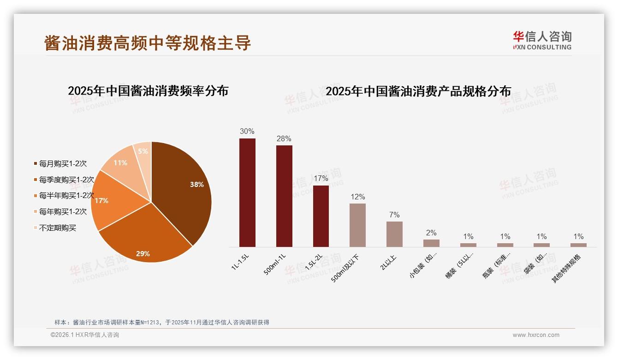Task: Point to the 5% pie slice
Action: [x=143, y=155]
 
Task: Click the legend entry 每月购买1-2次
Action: [x=63, y=163]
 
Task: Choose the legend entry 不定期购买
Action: [x=57, y=228]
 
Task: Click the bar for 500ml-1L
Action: [x=284, y=196]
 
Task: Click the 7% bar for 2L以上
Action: [x=394, y=234]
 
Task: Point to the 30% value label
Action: [x=247, y=131]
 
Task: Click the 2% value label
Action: [x=431, y=233]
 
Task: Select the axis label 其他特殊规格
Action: [x=567, y=268]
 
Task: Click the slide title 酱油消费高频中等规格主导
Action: [x=148, y=42]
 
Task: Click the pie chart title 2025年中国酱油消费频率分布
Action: [x=148, y=90]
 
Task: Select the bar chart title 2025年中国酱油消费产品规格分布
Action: [x=418, y=91]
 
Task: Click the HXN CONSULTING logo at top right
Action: [x=542, y=40]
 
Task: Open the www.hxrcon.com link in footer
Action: [x=536, y=335]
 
